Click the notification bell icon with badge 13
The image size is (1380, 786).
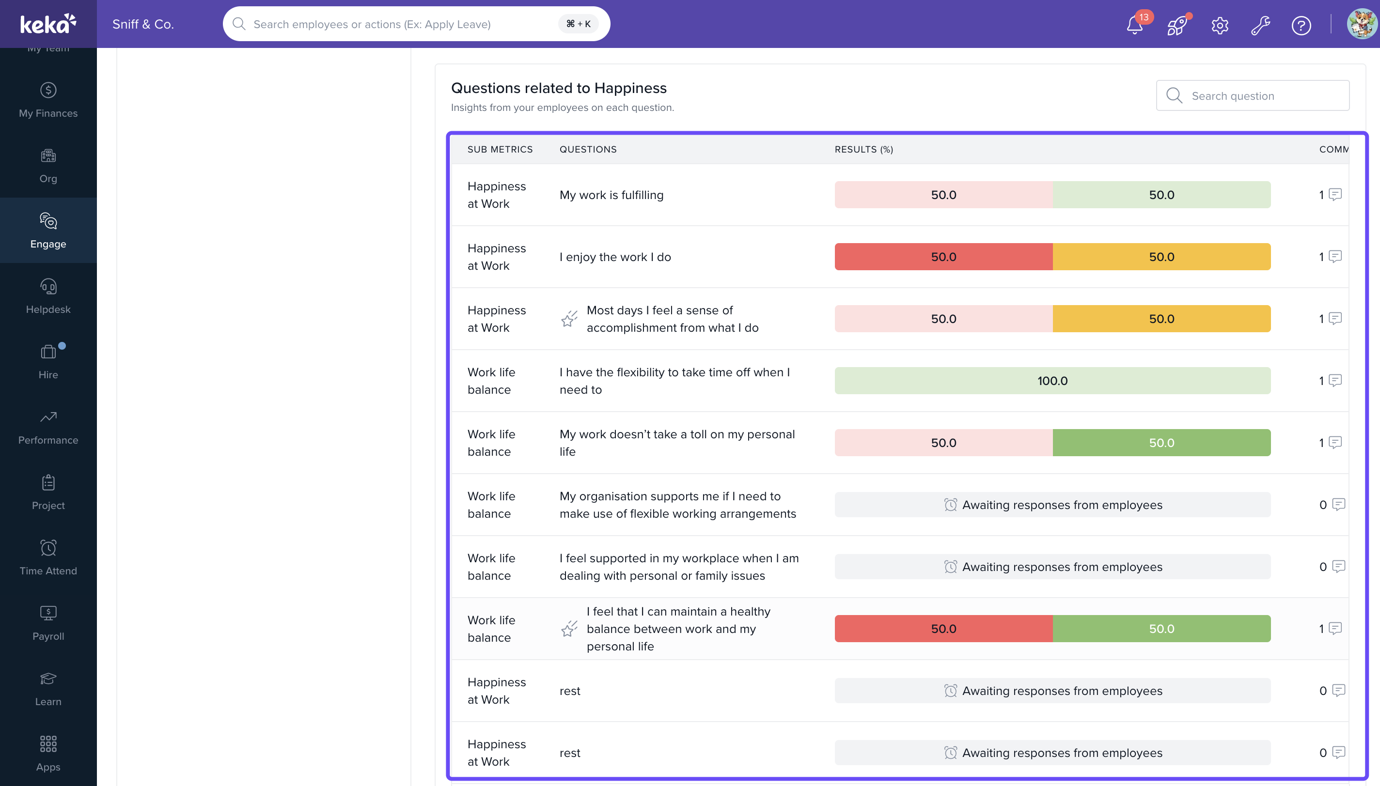[1135, 25]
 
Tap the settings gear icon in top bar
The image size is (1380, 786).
[1220, 25]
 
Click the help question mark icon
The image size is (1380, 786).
[1301, 25]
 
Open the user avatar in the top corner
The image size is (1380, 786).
[1362, 24]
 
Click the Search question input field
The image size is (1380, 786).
[1253, 95]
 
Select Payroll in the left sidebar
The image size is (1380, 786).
[48, 623]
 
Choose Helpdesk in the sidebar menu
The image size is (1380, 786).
[48, 296]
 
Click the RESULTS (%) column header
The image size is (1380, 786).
[863, 149]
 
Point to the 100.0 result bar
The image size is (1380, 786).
[1052, 381]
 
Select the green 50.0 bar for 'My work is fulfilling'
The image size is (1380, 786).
[1161, 194]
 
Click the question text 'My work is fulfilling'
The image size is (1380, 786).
[612, 195]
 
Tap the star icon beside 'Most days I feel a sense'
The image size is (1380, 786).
[569, 319]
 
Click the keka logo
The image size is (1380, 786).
[48, 24]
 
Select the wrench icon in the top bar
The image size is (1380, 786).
[1260, 25]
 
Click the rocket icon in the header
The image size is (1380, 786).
[1177, 25]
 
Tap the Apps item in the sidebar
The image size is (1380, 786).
[48, 754]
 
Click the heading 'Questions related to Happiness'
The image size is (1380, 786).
[559, 88]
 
